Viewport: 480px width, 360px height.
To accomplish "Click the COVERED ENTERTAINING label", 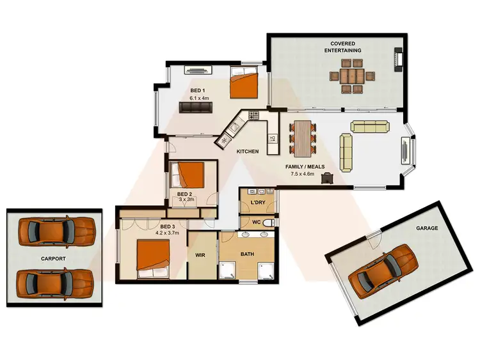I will [x=342, y=46].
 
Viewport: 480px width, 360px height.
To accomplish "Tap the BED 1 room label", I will [x=197, y=90].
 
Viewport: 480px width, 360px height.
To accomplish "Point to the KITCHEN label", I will [x=248, y=152].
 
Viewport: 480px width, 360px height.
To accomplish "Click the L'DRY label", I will [x=258, y=203].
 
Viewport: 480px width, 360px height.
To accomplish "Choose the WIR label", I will [x=200, y=254].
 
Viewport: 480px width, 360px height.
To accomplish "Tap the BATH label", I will [x=248, y=254].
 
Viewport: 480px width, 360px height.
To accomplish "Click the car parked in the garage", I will [x=382, y=271].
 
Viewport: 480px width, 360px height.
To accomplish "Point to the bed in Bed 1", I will [x=244, y=84].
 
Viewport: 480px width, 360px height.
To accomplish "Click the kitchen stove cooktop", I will [x=253, y=116].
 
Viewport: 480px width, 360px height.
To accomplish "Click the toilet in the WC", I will [x=269, y=222].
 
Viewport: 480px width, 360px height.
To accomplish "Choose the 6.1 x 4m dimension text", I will [x=200, y=98].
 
